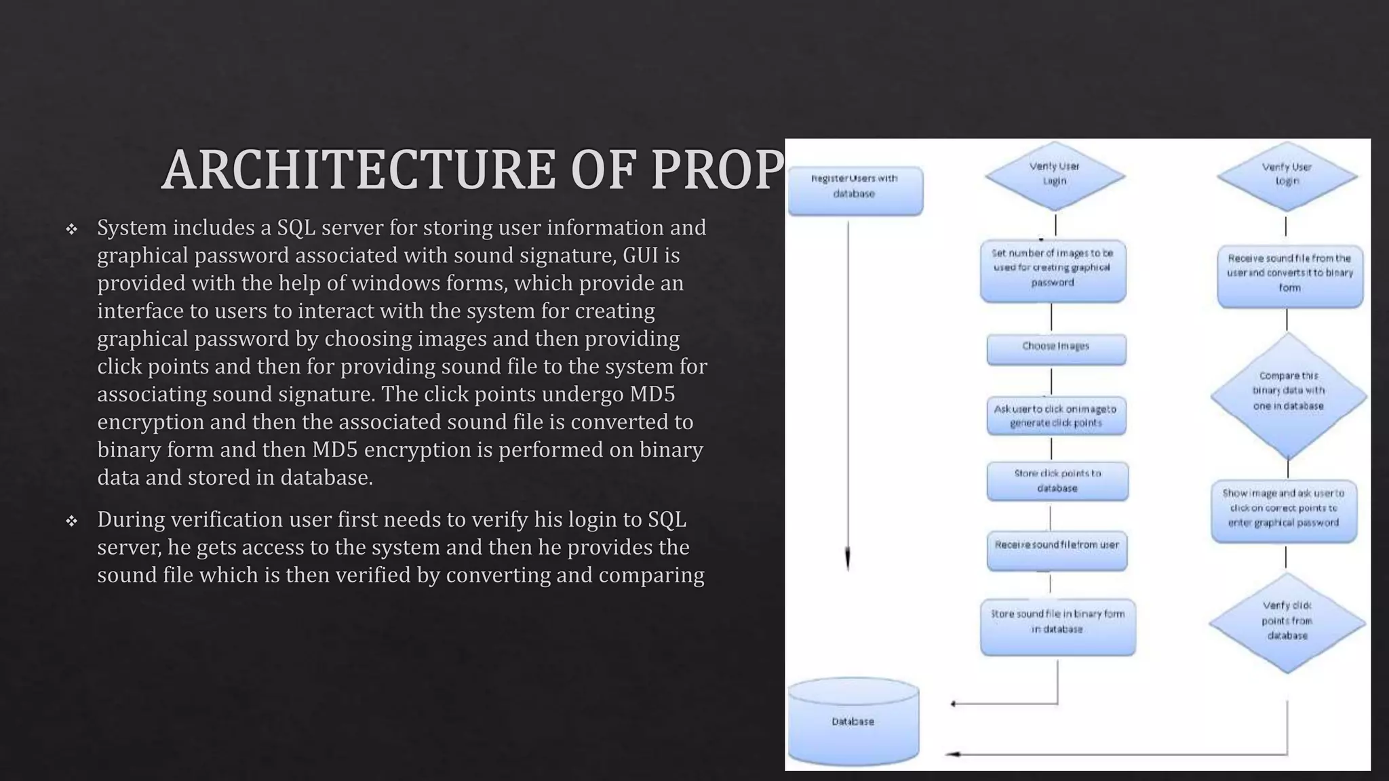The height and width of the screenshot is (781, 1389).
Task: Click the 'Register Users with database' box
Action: (855, 191)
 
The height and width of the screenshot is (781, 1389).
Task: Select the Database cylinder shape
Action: (853, 721)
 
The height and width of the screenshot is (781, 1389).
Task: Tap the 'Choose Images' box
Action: (1056, 348)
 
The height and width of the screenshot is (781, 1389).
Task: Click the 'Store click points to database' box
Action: (1057, 481)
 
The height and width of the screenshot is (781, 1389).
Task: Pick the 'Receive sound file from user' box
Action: (1057, 549)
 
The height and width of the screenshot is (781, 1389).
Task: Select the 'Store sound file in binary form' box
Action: (1057, 625)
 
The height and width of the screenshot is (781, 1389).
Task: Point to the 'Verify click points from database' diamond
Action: (1287, 622)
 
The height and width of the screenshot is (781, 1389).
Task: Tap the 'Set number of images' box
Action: (1053, 269)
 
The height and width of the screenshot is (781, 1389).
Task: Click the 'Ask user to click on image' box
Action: (1056, 416)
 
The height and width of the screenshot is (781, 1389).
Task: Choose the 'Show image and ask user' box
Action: (1283, 510)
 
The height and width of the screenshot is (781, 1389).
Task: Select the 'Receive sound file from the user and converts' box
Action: (1289, 275)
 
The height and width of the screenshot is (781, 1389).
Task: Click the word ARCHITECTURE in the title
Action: (359, 170)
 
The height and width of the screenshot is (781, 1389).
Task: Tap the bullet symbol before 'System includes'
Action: (71, 229)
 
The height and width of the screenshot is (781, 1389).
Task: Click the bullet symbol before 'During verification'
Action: (71, 521)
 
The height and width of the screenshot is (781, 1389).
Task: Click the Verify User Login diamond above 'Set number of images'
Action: (1055, 175)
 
